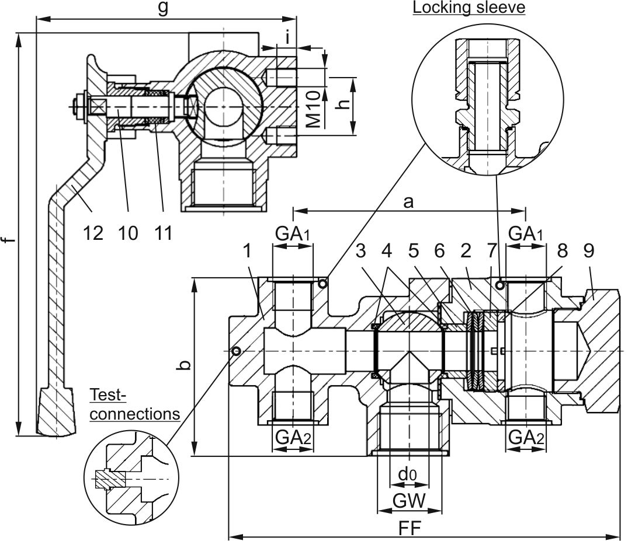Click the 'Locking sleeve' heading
469,8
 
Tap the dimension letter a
408,202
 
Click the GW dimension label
408,500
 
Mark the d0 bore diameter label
408,475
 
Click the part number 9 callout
588,251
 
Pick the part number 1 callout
248,251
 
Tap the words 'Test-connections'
134,404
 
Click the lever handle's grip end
57,412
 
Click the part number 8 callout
562,251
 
